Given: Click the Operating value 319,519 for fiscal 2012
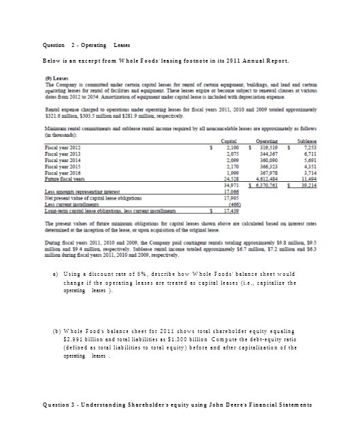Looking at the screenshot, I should tap(269, 146).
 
